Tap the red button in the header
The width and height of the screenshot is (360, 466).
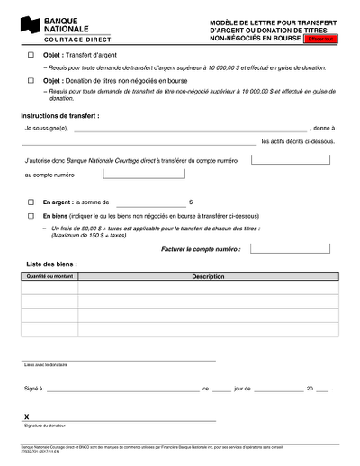point(321,40)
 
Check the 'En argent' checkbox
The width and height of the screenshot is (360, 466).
point(31,202)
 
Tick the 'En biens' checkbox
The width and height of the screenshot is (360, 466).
point(31,217)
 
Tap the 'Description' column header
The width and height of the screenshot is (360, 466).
point(208,277)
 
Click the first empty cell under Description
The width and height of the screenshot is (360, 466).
point(208,290)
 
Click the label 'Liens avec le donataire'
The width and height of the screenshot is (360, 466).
point(46,365)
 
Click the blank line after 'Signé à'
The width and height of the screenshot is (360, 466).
point(122,390)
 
